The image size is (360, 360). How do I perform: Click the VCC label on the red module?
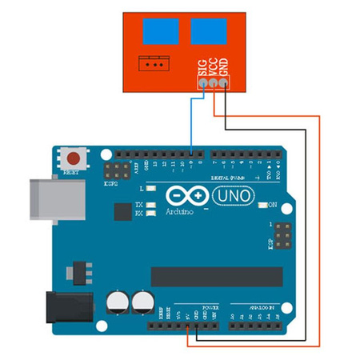(213, 69)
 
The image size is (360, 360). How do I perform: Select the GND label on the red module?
(224, 69)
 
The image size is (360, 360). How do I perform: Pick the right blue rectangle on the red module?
(206, 30)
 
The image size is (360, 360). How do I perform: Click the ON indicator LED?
(262, 205)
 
